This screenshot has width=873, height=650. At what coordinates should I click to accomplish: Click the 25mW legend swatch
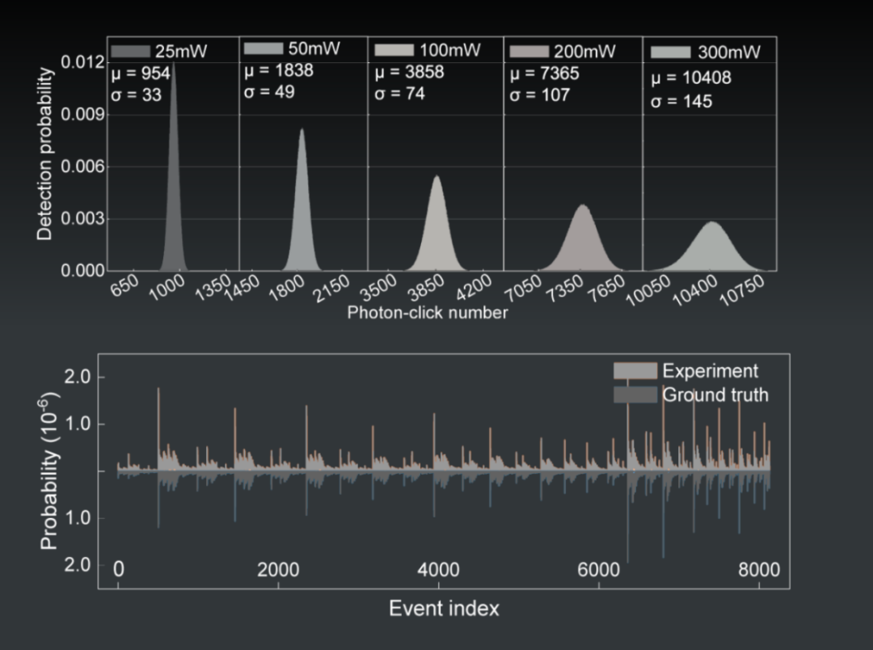pyautogui.click(x=130, y=51)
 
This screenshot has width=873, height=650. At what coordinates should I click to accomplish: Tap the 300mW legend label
pyautogui.click(x=729, y=53)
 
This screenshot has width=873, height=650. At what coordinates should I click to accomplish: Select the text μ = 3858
pyautogui.click(x=409, y=73)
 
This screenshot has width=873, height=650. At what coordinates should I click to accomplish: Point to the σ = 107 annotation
pyautogui.click(x=539, y=95)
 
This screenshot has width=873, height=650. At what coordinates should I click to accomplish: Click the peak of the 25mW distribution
pyautogui.click(x=174, y=62)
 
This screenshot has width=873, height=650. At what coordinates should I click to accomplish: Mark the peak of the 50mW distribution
pyautogui.click(x=302, y=129)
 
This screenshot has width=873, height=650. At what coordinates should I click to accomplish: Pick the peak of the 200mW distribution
pyautogui.click(x=583, y=205)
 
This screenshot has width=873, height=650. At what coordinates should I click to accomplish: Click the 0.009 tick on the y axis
pyautogui.click(x=106, y=115)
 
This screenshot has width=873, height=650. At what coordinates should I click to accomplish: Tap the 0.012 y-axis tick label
pyautogui.click(x=82, y=62)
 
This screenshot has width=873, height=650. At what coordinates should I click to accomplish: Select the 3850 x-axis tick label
pyautogui.click(x=426, y=288)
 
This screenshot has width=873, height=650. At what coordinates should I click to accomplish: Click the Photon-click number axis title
pyautogui.click(x=428, y=312)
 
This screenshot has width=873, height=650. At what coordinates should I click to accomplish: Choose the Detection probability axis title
pyautogui.click(x=44, y=154)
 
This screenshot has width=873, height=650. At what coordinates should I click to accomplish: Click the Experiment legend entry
pyautogui.click(x=686, y=371)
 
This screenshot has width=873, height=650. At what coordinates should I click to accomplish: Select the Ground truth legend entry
pyautogui.click(x=691, y=395)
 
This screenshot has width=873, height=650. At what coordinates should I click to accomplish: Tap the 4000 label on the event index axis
pyautogui.click(x=439, y=570)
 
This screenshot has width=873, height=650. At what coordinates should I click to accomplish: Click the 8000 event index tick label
pyautogui.click(x=759, y=570)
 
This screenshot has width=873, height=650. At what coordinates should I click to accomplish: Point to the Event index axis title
pyautogui.click(x=445, y=608)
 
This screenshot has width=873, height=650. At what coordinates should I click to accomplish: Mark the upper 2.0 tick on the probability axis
pyautogui.click(x=101, y=377)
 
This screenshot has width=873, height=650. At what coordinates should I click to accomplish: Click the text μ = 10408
pyautogui.click(x=691, y=78)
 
